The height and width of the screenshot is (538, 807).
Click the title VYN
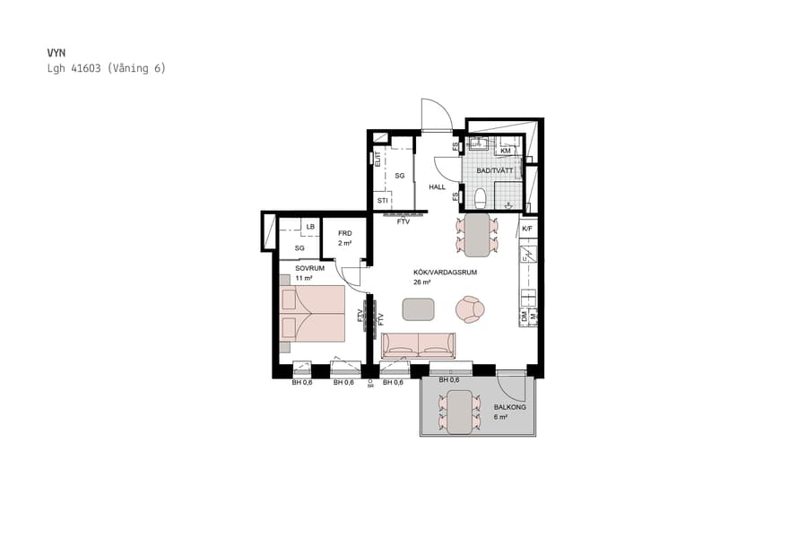[56, 53]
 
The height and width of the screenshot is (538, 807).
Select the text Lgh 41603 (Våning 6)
[106, 68]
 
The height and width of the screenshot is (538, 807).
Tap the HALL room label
[437, 187]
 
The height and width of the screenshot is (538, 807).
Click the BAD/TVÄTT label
[494, 170]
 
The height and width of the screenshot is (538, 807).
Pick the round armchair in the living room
[470, 309]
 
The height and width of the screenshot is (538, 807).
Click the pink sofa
[419, 345]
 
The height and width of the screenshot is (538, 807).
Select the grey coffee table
[418, 309]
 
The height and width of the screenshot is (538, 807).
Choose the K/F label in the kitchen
[527, 229]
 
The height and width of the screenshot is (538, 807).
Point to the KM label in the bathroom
[506, 151]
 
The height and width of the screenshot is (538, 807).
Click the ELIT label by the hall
[377, 159]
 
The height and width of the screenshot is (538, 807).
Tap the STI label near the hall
[382, 201]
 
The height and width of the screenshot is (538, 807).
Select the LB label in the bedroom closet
[310, 227]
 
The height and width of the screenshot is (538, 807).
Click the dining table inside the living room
[475, 233]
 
